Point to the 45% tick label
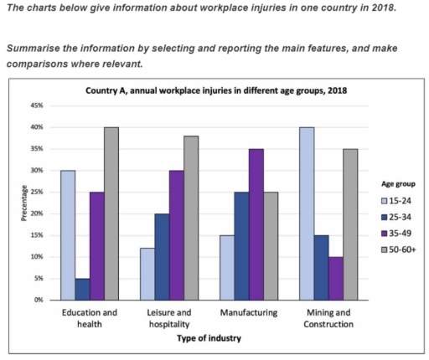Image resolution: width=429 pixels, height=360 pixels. click(x=38, y=106)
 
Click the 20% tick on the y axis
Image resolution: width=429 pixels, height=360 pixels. click(x=38, y=213)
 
